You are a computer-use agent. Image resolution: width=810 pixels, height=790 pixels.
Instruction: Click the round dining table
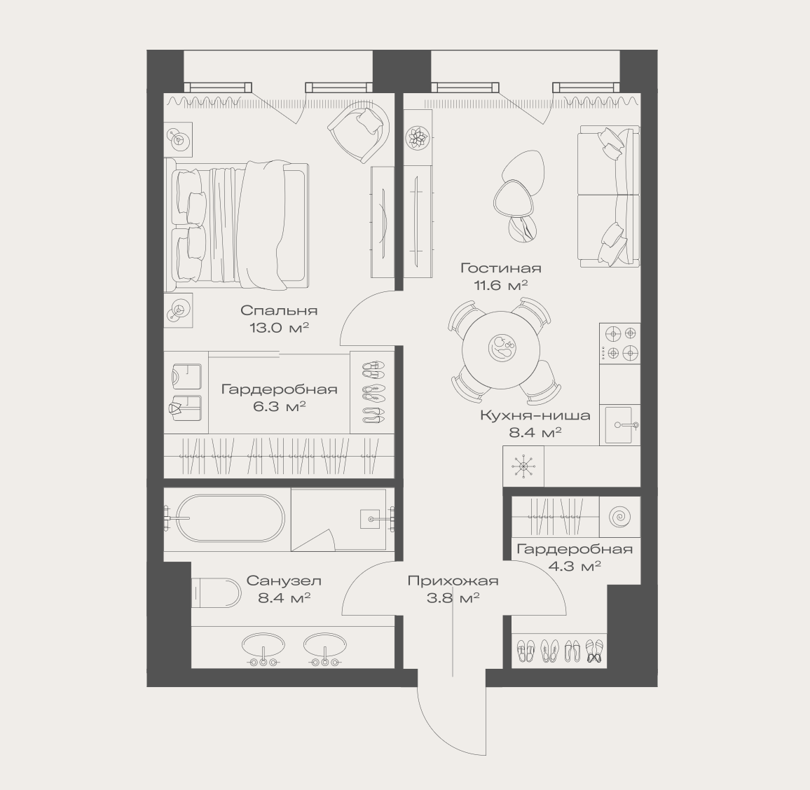(x=500, y=349)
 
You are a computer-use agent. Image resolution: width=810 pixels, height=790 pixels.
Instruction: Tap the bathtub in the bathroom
(x=230, y=518)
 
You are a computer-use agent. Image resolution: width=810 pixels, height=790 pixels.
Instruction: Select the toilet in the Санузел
(x=216, y=592)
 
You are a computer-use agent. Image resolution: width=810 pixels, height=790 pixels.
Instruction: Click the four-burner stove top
(x=620, y=343)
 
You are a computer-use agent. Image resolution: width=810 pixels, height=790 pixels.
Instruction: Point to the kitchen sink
(x=620, y=425)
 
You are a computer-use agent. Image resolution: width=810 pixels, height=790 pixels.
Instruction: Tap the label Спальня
(x=279, y=310)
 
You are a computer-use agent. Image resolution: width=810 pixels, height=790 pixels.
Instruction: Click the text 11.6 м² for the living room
(x=500, y=284)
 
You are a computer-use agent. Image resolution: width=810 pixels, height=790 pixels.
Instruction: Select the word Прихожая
(x=453, y=581)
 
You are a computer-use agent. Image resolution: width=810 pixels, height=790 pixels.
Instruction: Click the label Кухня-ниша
(x=535, y=415)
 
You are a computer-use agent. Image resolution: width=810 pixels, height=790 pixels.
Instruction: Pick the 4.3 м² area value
(x=575, y=566)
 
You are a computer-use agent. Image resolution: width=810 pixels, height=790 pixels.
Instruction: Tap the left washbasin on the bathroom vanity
(x=263, y=649)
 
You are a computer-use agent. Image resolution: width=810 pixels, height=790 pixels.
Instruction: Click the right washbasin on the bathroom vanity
(x=325, y=649)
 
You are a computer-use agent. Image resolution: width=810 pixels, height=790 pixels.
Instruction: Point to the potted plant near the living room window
(x=418, y=138)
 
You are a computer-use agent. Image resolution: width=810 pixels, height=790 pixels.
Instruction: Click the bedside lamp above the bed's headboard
(x=179, y=139)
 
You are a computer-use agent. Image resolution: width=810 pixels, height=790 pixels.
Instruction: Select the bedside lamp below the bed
(x=179, y=310)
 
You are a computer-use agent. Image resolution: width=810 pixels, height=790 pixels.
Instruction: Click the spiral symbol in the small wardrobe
(x=620, y=517)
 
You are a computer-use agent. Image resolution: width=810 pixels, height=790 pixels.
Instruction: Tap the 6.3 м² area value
(x=280, y=406)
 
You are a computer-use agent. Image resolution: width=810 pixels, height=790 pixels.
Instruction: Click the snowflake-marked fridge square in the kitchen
(x=523, y=466)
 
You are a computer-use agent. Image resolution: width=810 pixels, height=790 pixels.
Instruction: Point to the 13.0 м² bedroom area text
(x=279, y=327)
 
